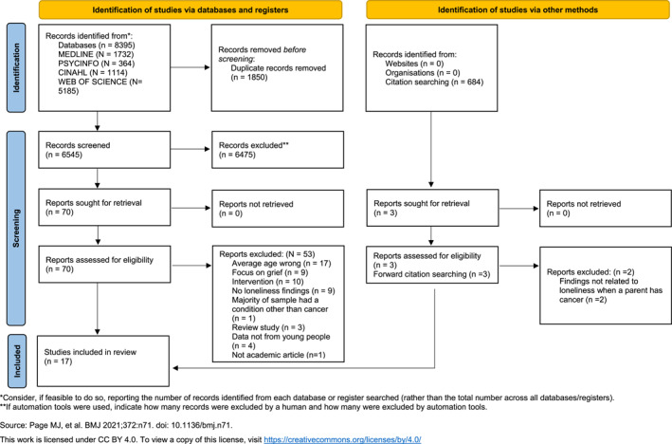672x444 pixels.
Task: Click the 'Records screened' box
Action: pos(104,150)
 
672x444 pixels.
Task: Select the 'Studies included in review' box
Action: pos(103,361)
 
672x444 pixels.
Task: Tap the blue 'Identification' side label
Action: pos(16,67)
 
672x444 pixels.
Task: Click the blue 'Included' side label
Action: pos(17,361)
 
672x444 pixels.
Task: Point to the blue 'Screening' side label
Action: pos(16,229)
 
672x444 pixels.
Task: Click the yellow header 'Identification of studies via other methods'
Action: pos(518,9)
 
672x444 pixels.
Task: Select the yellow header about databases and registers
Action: pos(191,9)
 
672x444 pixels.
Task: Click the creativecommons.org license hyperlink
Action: pos(342,439)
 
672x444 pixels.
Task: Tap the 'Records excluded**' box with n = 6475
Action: pos(278,150)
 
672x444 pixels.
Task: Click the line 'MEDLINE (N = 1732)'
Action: pos(96,54)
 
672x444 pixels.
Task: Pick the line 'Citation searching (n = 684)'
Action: pos(434,82)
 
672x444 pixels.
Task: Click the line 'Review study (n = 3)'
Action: pos(268,327)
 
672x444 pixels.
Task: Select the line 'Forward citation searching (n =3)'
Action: pos(431,274)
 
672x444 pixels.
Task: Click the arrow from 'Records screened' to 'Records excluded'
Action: pos(191,149)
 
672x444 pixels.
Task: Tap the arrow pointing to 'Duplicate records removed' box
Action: pos(191,67)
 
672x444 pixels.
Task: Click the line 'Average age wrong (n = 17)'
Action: pos(282,264)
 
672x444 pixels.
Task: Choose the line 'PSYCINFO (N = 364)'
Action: pos(97,64)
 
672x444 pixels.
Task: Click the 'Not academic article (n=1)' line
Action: pos(279,355)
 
